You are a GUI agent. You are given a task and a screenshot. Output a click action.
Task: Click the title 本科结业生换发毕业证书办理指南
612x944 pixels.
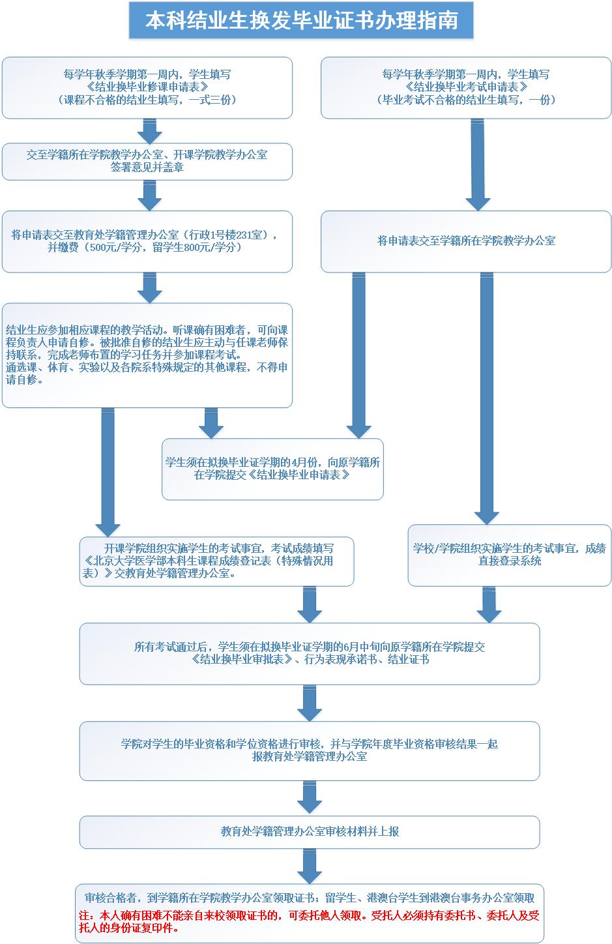pyautogui.click(x=300, y=20)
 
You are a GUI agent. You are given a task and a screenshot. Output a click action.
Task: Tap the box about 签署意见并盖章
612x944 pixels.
pyautogui.click(x=147, y=162)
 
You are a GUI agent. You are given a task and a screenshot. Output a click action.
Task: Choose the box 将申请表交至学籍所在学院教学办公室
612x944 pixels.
pyautogui.click(x=466, y=241)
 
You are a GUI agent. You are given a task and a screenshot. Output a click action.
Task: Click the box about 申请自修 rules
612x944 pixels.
pyautogui.click(x=147, y=355)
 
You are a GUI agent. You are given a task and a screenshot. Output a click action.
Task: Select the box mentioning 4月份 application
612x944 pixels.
pyautogui.click(x=272, y=469)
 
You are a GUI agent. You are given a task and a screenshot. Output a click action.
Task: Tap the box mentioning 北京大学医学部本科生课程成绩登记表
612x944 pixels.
pyautogui.click(x=216, y=561)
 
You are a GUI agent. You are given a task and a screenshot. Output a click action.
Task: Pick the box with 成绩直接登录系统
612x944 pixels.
pyautogui.click(x=509, y=555)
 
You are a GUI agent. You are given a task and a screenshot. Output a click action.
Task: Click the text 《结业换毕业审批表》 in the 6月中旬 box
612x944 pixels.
pyautogui.click(x=244, y=660)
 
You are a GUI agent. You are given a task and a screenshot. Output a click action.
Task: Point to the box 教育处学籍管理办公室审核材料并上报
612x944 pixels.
pyautogui.click(x=310, y=832)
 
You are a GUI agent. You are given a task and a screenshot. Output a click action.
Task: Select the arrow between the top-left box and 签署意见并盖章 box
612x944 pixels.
pyautogui.click(x=149, y=131)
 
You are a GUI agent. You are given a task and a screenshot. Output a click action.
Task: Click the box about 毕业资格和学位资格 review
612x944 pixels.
pyautogui.click(x=310, y=750)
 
